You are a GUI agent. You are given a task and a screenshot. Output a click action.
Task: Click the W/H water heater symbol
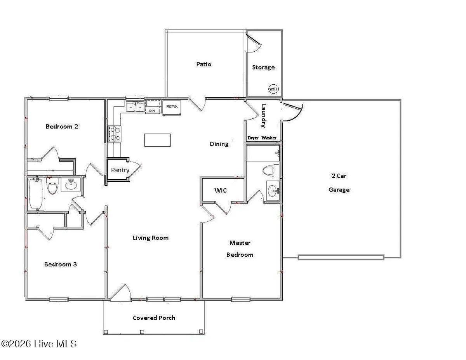[273, 89]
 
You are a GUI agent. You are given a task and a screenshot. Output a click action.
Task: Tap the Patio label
[203, 64]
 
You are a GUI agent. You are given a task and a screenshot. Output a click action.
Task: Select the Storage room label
[263, 67]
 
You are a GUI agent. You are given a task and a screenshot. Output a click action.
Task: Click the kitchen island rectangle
[157, 140]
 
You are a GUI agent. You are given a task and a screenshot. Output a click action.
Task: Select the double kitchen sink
[135, 107]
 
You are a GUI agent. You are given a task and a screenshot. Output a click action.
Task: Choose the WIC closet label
[221, 191]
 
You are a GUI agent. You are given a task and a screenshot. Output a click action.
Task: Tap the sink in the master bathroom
[274, 190]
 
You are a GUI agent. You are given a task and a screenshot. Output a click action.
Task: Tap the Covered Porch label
[154, 318]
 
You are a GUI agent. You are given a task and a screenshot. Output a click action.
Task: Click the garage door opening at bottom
[341, 257]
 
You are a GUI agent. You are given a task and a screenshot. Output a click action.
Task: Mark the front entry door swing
[121, 293]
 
